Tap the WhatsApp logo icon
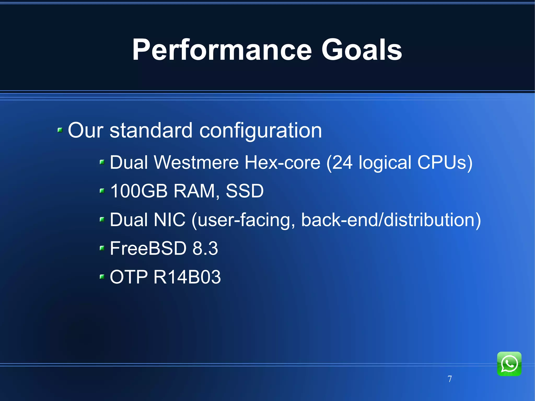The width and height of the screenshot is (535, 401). pos(509,364)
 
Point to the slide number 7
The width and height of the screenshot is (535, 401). pos(450,379)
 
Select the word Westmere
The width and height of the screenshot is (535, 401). pos(196,162)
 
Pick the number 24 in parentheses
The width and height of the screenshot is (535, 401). pos(342,162)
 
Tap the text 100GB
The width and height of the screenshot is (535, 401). pos(139,191)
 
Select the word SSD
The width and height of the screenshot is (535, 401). pos(245,191)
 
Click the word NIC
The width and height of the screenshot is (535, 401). pos(170,219)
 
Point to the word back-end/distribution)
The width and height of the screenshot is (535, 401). pos(391,219)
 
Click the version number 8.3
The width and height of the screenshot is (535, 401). pos(205,248)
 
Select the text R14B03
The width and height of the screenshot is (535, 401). pos(187,277)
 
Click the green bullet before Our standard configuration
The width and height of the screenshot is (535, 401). pos(60,130)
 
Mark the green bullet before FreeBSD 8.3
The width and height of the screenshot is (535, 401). pos(102,248)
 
